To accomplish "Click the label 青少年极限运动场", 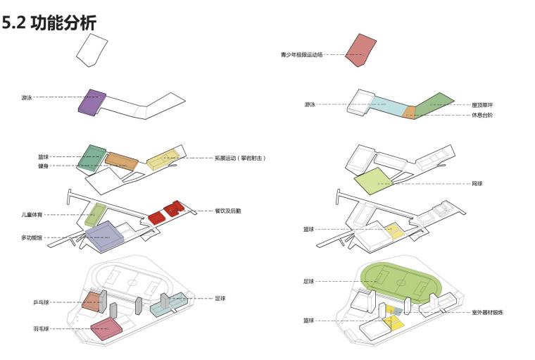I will (x=301, y=54).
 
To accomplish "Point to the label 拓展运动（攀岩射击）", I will (x=241, y=159).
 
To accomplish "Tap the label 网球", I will (x=477, y=184).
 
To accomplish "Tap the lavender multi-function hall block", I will (x=105, y=237).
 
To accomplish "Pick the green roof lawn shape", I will (x=431, y=104).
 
